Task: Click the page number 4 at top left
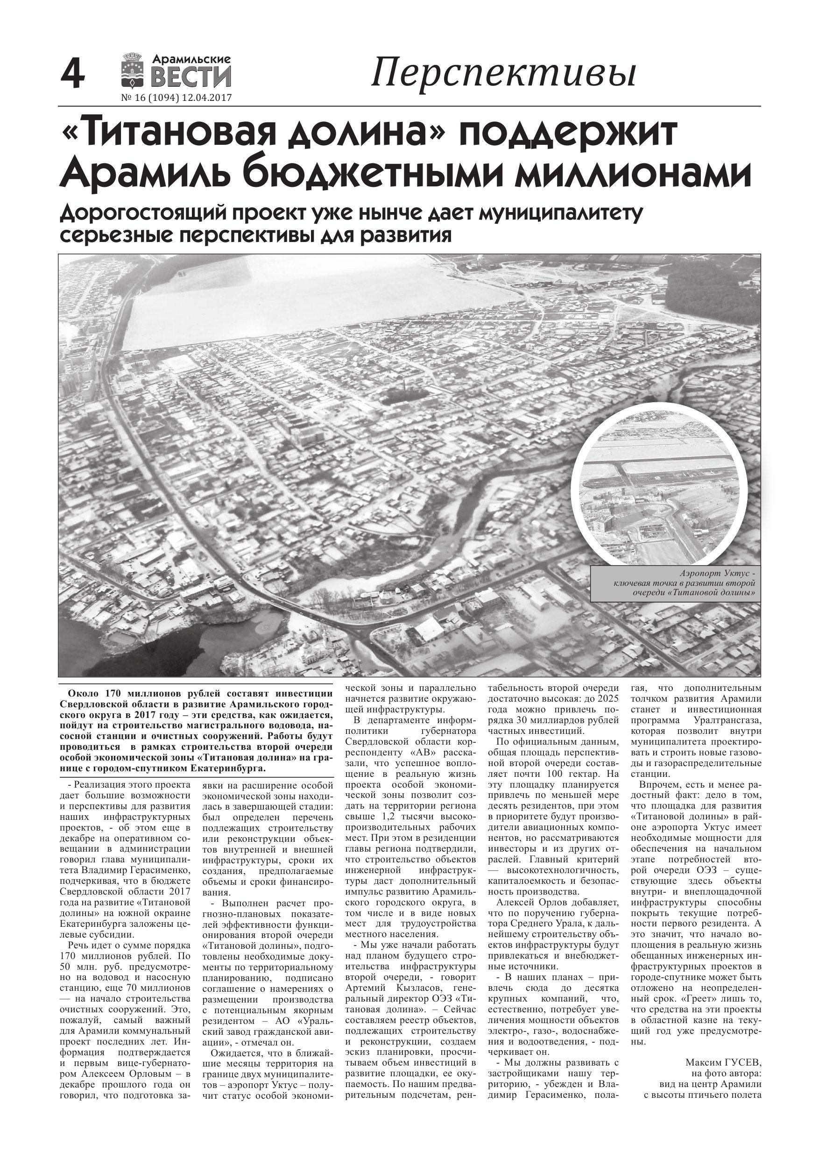73,74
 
